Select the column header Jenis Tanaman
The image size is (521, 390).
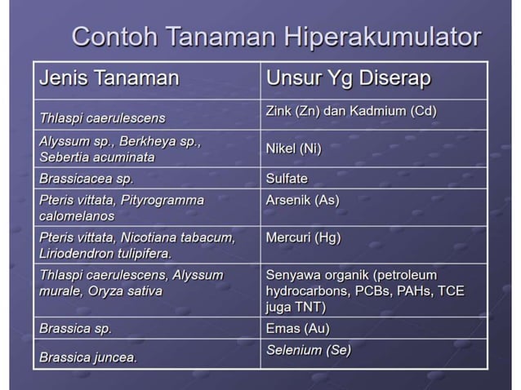click(109, 78)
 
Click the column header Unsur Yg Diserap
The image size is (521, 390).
click(349, 78)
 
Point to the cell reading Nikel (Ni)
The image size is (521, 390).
click(293, 148)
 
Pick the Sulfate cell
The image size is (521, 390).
click(287, 178)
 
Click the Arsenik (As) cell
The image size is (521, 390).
click(302, 199)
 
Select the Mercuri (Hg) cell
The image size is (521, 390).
click(303, 237)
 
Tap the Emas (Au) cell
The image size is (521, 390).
click(297, 328)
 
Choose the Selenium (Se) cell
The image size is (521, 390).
click(309, 350)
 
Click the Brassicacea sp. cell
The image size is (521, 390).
click(87, 178)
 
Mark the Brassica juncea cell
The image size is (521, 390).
click(88, 357)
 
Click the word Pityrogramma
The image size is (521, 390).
click(164, 199)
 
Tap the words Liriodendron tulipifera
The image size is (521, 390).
click(105, 253)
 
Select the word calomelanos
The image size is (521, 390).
click(77, 215)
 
